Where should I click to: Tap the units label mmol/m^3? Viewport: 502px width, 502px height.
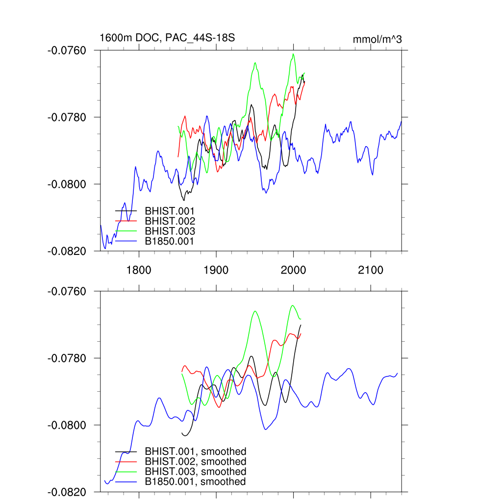[x=377, y=39]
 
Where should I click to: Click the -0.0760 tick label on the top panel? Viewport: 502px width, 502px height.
[x=66, y=50]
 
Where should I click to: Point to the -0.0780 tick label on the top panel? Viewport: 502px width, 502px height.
[x=66, y=118]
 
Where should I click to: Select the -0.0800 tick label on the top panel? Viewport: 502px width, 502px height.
[x=66, y=184]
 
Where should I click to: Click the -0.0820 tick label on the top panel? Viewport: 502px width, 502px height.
[x=66, y=251]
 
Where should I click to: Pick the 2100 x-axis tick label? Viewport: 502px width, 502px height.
[x=371, y=270]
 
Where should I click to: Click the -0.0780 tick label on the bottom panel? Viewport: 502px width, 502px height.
[x=66, y=358]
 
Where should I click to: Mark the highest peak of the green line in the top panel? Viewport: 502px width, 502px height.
[x=293, y=54]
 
